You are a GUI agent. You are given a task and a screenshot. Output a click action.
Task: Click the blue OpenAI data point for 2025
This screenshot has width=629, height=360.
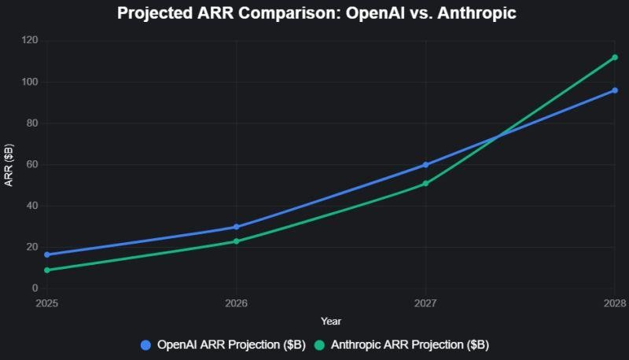[x=47, y=255]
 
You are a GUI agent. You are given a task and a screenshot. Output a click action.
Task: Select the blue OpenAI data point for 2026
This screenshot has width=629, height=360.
[x=237, y=227]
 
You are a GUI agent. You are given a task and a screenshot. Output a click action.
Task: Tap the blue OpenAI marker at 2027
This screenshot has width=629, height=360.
[x=425, y=165]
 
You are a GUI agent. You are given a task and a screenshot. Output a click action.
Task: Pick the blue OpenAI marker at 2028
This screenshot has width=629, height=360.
[x=615, y=90]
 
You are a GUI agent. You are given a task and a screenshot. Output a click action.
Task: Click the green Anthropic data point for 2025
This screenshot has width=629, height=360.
[x=47, y=270]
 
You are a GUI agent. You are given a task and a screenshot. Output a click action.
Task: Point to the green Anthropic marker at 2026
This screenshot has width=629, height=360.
[x=237, y=241]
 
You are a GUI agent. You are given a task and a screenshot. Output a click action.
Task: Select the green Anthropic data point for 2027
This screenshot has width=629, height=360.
[x=425, y=184]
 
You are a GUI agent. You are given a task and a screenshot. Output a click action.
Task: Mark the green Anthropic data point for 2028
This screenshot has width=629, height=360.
[x=615, y=57]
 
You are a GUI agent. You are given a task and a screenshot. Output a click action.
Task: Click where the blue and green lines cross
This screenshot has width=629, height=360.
[x=498, y=137]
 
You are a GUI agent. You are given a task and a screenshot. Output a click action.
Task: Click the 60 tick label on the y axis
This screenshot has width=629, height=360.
[x=31, y=165]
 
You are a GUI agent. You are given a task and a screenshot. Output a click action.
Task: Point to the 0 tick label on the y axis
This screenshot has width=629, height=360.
[x=34, y=289]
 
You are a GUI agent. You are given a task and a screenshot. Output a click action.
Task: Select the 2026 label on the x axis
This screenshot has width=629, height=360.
[x=237, y=303]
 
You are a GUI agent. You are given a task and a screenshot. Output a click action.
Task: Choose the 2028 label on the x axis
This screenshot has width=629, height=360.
[x=614, y=303]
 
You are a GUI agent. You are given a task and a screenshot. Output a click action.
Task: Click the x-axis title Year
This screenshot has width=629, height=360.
[x=331, y=321]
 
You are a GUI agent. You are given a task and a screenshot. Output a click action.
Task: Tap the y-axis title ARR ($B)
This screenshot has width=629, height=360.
[x=9, y=165]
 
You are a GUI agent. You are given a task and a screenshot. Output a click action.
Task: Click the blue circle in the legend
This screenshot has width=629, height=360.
[x=145, y=345]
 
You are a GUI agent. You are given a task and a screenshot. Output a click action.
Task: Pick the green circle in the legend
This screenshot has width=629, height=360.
[x=319, y=345]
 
